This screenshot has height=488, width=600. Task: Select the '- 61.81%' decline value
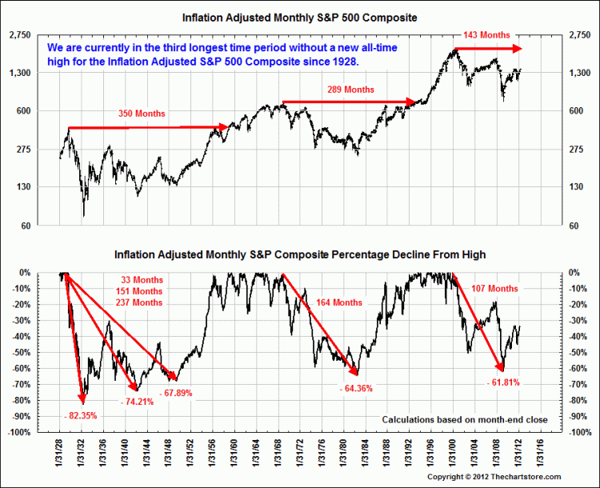coord(503,382)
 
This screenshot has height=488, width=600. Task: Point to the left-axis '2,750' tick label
coord(19,35)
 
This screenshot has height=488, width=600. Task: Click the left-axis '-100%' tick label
coord(19,433)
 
